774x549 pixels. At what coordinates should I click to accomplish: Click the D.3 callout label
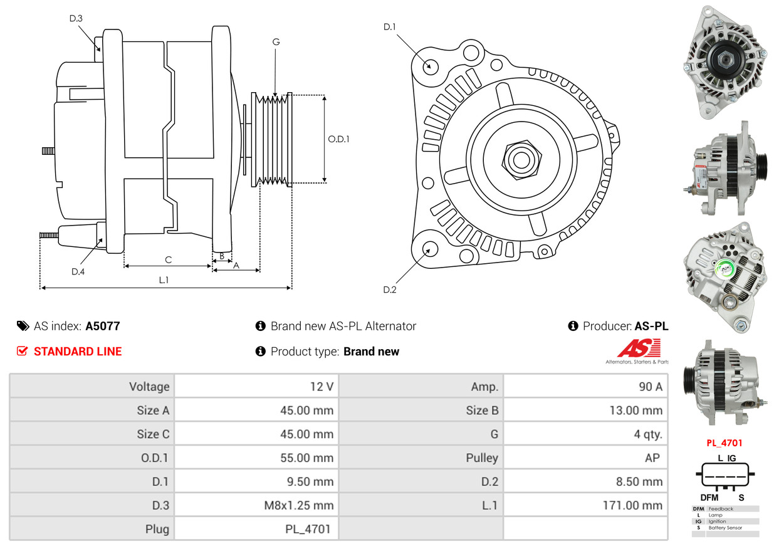76,18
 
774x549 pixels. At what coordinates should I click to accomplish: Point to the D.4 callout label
78,271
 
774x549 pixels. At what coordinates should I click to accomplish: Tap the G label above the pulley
276,42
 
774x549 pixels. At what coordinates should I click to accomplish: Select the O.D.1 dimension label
338,139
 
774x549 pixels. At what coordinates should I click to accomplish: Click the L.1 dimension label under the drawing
164,280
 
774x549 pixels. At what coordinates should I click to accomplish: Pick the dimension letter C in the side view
168,259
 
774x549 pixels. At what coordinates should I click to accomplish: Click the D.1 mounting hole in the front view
430,66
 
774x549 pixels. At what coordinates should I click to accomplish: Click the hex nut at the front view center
520,159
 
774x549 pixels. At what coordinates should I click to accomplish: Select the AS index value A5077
103,326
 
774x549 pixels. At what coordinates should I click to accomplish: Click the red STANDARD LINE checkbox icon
22,351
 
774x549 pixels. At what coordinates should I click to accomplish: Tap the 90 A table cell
650,387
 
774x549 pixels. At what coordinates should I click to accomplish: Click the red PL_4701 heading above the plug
724,443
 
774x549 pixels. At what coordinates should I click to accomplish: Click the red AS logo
639,348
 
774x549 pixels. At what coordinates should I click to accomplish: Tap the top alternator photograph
724,61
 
